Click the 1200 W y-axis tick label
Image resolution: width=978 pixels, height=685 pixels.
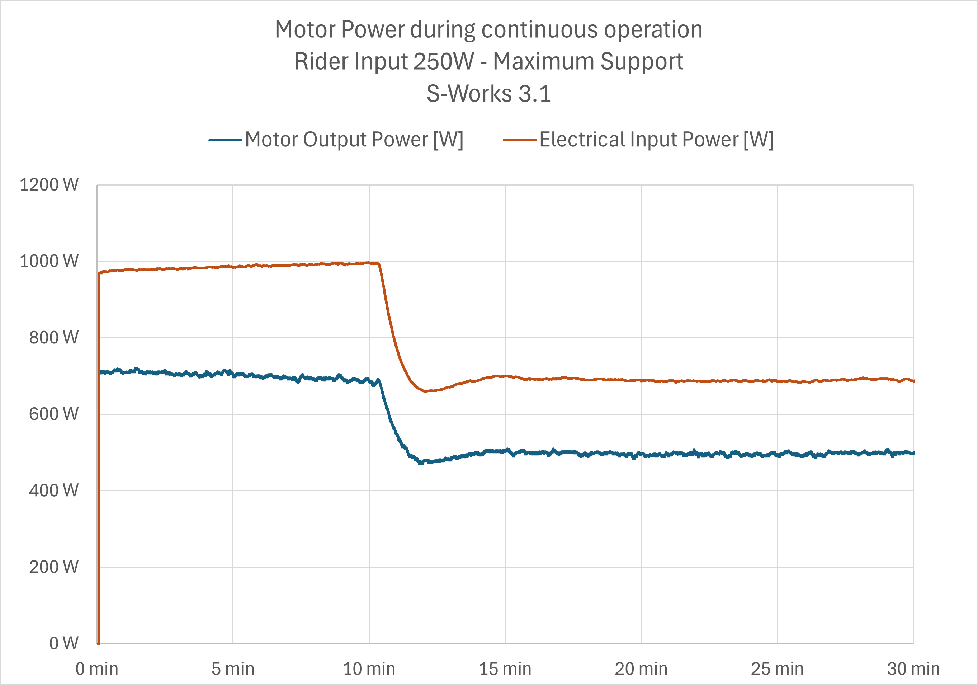tap(49, 185)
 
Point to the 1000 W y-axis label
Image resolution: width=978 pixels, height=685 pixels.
tap(49, 261)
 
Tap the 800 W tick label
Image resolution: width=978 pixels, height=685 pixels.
tap(54, 338)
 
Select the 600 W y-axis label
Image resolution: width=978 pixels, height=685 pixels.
tap(54, 414)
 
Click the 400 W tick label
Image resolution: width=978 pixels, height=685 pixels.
tap(54, 491)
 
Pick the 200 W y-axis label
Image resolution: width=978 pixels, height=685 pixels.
tap(54, 567)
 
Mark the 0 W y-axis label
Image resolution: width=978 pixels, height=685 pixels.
tap(64, 643)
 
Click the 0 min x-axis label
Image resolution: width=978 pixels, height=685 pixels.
tap(97, 669)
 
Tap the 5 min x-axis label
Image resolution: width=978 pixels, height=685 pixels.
tap(233, 669)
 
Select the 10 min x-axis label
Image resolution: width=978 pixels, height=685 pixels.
tap(369, 669)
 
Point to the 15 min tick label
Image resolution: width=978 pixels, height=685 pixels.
tap(505, 669)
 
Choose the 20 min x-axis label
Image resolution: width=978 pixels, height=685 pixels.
tap(641, 669)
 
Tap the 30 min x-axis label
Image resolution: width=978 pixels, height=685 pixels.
tap(913, 669)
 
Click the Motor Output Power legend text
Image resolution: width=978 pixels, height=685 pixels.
tap(354, 139)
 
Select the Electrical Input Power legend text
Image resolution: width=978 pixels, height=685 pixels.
tap(656, 139)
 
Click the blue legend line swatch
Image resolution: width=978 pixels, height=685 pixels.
tap(225, 140)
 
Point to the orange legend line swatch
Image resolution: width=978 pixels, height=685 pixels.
tap(520, 140)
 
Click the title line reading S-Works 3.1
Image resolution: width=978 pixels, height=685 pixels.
tap(488, 93)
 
